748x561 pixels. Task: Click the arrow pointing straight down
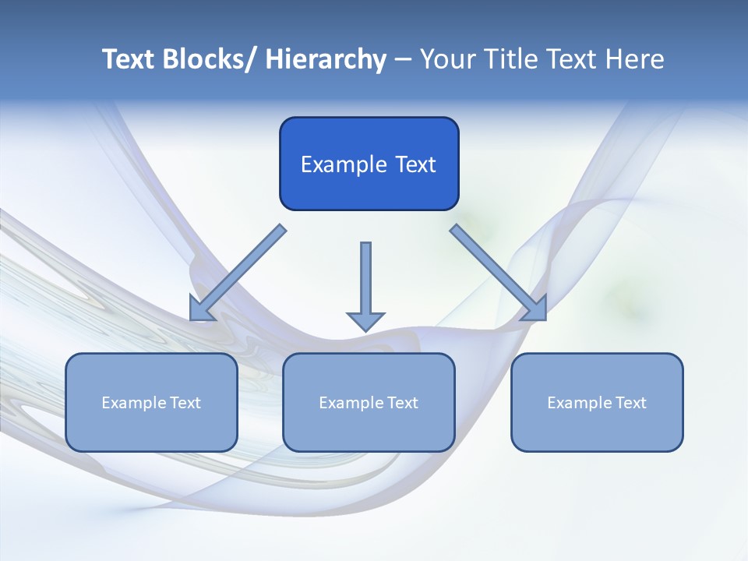[x=365, y=280]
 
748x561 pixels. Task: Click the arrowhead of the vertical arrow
[x=365, y=320]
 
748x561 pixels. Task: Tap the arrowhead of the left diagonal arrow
[x=202, y=309]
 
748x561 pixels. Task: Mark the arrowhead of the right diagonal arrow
[x=535, y=309]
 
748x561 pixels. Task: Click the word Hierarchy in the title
[x=326, y=59]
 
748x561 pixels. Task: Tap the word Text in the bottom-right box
[x=630, y=403]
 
